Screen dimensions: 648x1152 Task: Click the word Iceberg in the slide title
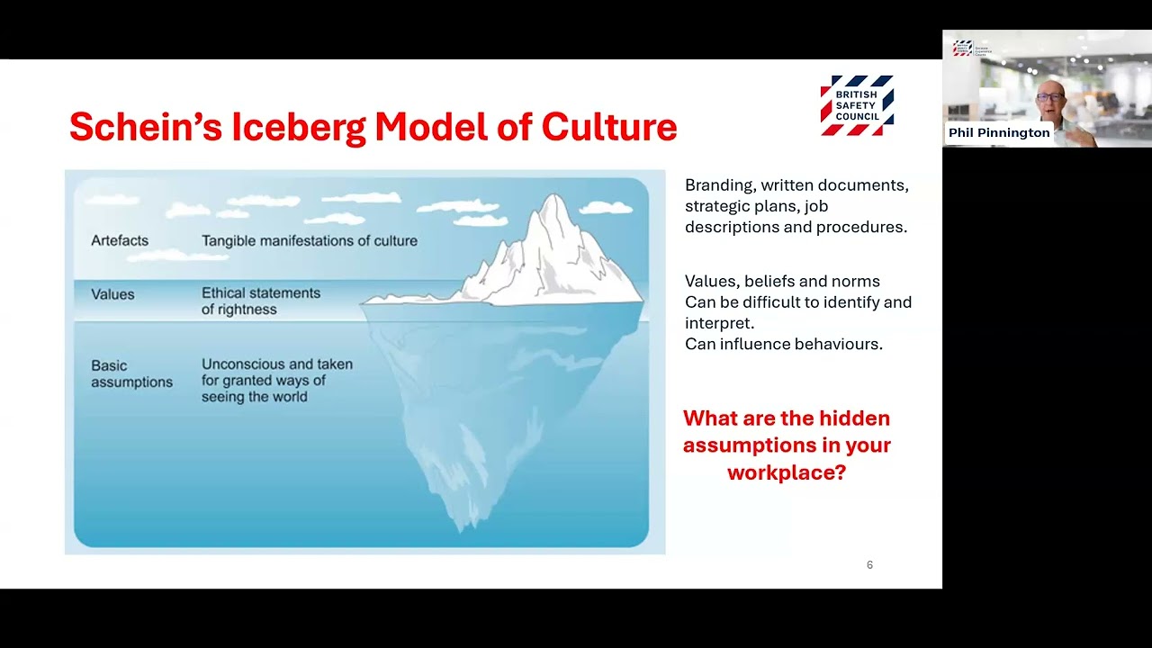(x=298, y=128)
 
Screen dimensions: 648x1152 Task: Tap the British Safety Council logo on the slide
(x=857, y=105)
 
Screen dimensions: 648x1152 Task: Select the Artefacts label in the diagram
(x=120, y=240)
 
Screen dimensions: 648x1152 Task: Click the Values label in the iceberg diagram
(x=112, y=294)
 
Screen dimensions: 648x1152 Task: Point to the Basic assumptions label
(x=131, y=373)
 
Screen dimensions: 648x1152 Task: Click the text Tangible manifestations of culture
(x=310, y=240)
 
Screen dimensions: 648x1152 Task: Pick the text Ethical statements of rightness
(x=261, y=301)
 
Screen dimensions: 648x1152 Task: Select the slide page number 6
(x=869, y=565)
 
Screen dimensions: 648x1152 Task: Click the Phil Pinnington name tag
(x=999, y=132)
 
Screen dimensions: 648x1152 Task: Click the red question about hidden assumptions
(x=787, y=445)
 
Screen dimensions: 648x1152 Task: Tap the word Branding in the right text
(x=718, y=185)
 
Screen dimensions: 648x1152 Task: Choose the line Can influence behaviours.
(x=783, y=344)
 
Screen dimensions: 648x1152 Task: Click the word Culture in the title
(x=608, y=128)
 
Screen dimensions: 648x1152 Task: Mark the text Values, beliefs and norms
(x=782, y=282)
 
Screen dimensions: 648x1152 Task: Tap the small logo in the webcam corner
(x=962, y=48)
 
